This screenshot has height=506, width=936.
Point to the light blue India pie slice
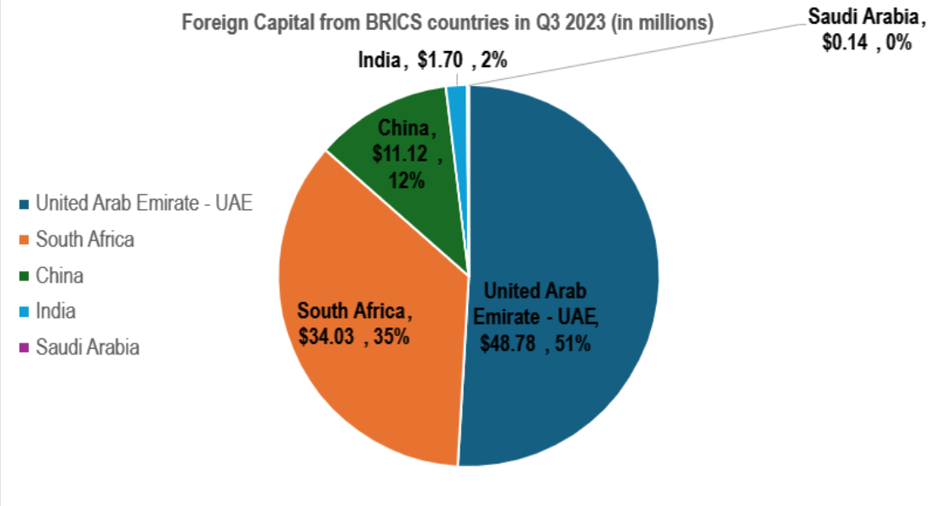[x=457, y=102]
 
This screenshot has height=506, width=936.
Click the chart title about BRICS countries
[x=447, y=23]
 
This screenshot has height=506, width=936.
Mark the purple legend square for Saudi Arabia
[x=24, y=347]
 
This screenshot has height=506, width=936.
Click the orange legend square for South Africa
[x=24, y=240]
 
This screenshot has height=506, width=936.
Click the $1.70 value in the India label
[x=439, y=61]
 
